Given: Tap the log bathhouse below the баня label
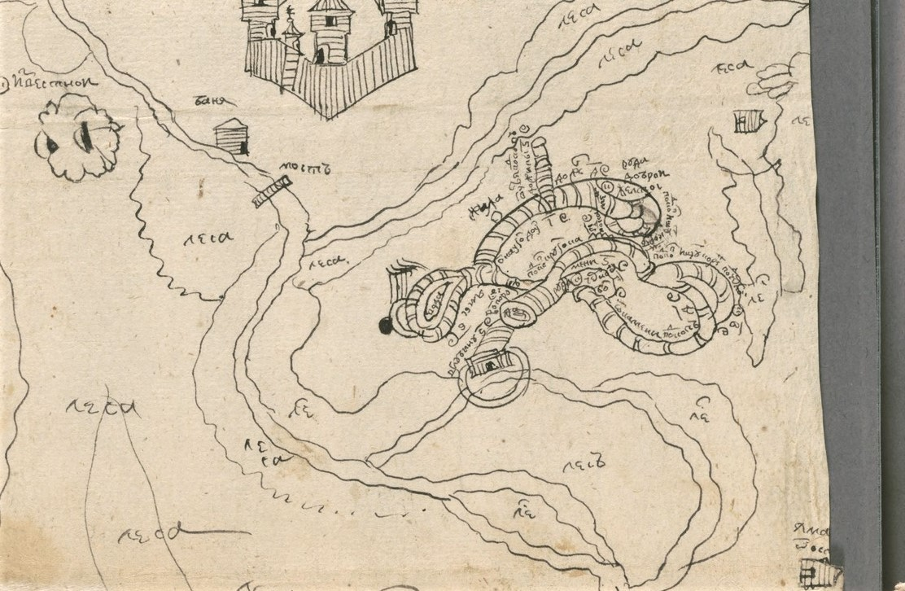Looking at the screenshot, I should tap(232, 137).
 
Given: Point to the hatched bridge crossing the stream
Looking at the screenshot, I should tap(272, 194).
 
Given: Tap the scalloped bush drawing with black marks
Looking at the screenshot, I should tap(79, 137).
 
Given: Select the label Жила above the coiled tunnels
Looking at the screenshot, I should tap(486, 212).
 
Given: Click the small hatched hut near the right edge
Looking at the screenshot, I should tap(748, 121).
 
